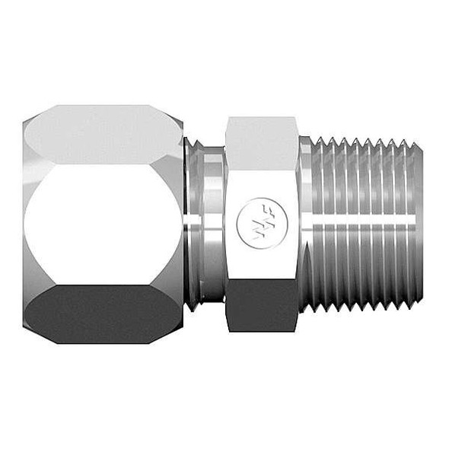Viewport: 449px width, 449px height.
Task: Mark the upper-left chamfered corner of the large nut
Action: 30,126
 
